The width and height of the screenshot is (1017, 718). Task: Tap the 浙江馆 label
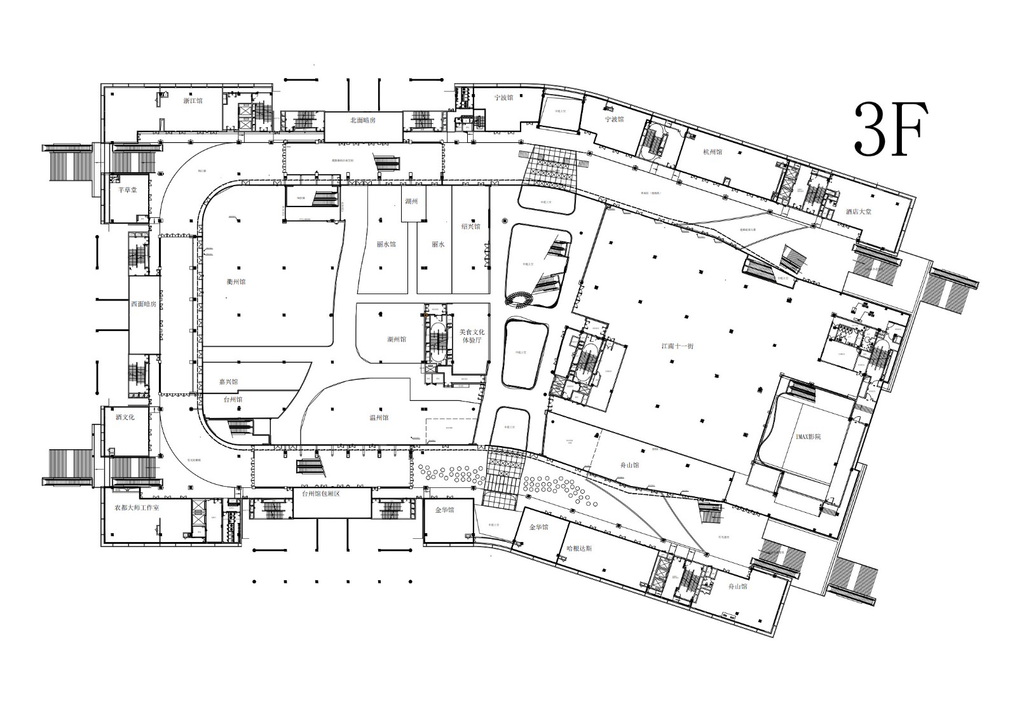(x=192, y=100)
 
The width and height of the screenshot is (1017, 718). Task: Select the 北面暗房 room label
(x=363, y=120)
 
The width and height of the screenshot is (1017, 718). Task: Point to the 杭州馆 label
(x=712, y=152)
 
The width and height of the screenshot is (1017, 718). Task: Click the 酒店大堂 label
(x=858, y=212)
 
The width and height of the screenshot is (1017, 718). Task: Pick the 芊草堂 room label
(x=128, y=190)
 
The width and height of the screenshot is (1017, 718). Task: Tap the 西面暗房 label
(x=144, y=304)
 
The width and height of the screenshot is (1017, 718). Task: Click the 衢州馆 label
(x=236, y=282)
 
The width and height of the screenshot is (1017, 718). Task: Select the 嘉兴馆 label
(x=228, y=383)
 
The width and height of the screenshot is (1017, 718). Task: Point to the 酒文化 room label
(x=125, y=417)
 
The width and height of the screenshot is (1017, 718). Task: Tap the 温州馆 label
(x=378, y=418)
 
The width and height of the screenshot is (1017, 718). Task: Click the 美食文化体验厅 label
(x=472, y=336)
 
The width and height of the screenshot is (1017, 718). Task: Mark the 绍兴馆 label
(x=471, y=227)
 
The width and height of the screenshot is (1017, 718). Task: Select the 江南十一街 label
(x=677, y=346)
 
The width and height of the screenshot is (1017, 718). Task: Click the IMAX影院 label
(x=808, y=437)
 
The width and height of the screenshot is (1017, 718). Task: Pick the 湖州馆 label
(x=396, y=339)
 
